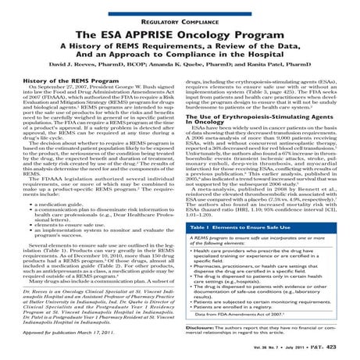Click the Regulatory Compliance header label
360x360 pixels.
pos(180,7)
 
